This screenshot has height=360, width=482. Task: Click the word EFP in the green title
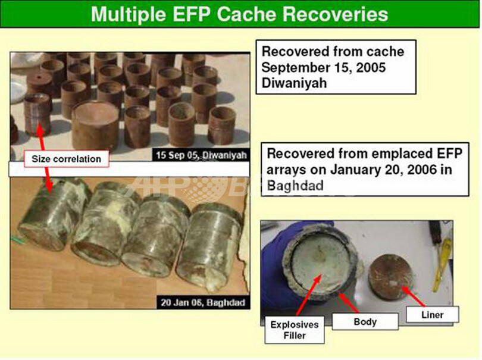[x=192, y=14]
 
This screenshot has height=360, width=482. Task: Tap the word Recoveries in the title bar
[x=335, y=14]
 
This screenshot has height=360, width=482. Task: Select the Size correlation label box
[x=67, y=159]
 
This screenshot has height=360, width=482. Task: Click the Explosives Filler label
[x=295, y=330]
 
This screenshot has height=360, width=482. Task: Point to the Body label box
[x=365, y=321]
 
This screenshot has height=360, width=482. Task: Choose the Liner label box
[x=432, y=315]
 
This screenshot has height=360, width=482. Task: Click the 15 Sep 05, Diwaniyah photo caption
[x=201, y=155]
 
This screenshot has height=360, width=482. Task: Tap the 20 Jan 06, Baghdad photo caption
[x=203, y=302]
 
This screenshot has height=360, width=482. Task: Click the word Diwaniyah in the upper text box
[x=294, y=83]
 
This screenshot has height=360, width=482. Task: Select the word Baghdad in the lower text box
[x=295, y=186]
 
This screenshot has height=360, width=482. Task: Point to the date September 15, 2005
[x=323, y=67]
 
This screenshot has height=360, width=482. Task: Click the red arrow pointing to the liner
[x=414, y=296]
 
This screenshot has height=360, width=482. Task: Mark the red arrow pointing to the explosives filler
[x=309, y=295]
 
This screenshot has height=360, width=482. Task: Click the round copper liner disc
[x=389, y=277]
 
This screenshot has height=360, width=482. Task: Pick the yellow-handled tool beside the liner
[x=442, y=261]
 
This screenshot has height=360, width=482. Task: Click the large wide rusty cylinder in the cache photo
[x=95, y=124]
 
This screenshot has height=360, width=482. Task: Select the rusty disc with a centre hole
[x=39, y=82]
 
